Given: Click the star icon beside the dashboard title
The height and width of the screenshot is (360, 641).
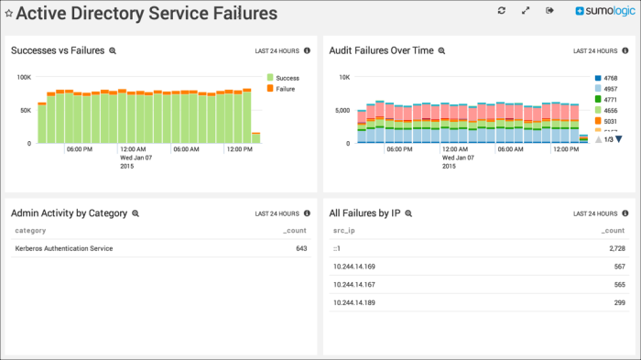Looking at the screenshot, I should [x=9, y=14].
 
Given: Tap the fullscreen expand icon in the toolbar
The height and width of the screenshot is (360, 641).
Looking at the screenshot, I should [x=526, y=11].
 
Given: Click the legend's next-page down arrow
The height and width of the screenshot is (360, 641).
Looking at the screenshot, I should [x=619, y=139].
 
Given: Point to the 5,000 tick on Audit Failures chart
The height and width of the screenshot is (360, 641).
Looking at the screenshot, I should [x=341, y=110].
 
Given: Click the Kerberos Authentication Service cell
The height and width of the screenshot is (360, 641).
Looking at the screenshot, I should [x=64, y=248].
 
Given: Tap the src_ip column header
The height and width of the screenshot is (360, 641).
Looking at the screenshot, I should [x=344, y=231].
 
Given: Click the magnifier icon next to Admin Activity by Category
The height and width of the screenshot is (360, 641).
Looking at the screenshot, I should [x=135, y=213].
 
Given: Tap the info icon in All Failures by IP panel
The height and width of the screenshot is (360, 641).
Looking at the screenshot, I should [x=625, y=213].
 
